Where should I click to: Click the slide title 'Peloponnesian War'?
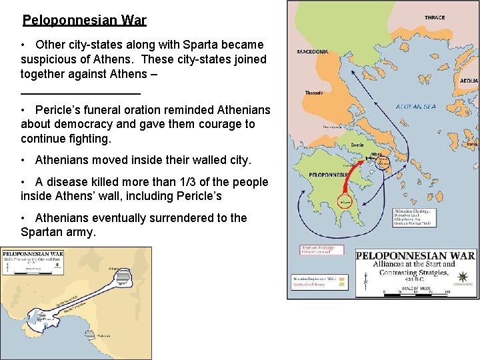pyautogui.click(x=85, y=20)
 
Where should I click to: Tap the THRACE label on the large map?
pyautogui.click(x=434, y=17)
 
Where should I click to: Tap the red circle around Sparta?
pyautogui.click(x=346, y=201)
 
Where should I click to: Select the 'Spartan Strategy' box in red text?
pyautogui.click(x=318, y=250)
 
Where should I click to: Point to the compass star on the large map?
pyautogui.click(x=461, y=277)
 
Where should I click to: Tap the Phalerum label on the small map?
pyautogui.click(x=104, y=337)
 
